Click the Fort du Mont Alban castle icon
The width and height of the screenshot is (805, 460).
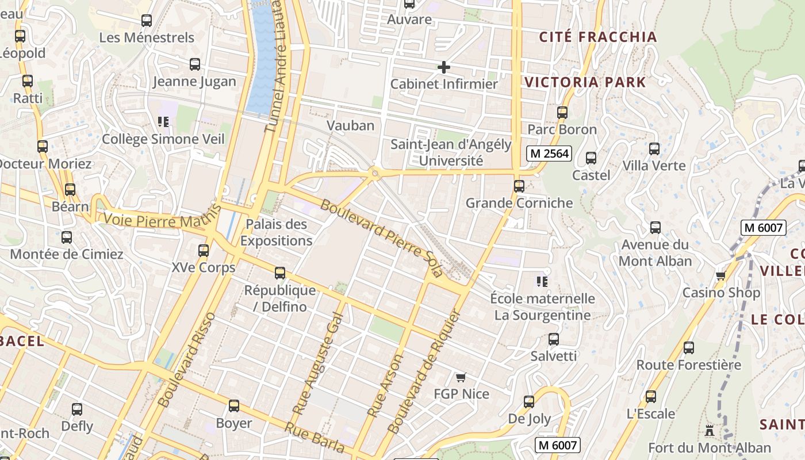(709, 430)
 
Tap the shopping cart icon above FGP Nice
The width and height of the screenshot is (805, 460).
(460, 378)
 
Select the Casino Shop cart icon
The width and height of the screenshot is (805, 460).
(720, 276)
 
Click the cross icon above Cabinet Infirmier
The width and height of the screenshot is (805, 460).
(443, 67)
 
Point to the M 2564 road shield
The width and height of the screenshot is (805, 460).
(549, 154)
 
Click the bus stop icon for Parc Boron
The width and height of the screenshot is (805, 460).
(562, 113)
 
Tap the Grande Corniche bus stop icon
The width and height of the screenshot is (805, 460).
(519, 186)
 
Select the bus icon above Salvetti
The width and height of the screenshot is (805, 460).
(553, 339)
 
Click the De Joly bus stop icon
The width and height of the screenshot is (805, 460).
(528, 402)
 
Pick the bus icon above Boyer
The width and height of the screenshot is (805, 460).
(233, 407)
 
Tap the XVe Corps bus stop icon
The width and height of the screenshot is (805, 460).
(203, 251)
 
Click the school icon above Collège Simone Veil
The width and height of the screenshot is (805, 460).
(163, 122)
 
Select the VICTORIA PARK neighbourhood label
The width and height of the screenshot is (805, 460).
(585, 82)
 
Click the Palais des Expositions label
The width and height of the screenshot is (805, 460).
(276, 232)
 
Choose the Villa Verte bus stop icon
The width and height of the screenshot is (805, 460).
(654, 149)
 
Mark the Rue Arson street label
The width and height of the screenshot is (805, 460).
(385, 385)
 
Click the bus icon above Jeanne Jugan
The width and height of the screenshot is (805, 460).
(194, 64)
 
